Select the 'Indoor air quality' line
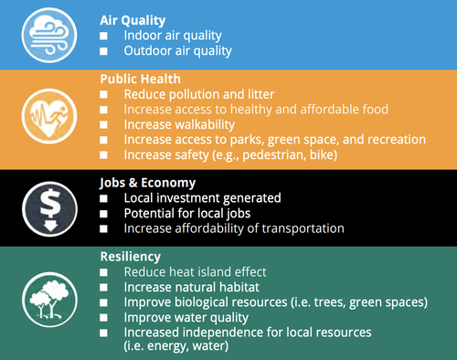(x=173, y=35)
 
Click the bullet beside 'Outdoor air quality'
(x=105, y=50)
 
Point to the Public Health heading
(x=141, y=79)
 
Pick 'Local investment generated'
(x=202, y=197)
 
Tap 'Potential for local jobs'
(x=189, y=212)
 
